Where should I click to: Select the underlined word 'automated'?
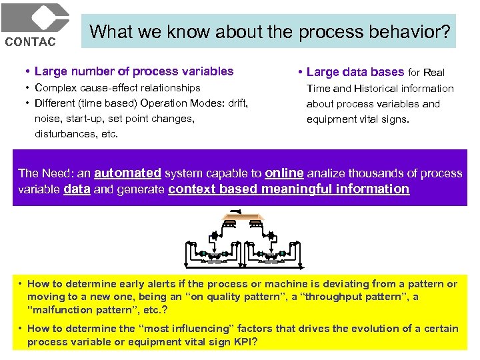pos(127,173)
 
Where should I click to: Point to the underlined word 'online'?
pos(284,173)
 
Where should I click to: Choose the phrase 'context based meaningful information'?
pos(289,189)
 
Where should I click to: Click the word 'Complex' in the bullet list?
pos(54,87)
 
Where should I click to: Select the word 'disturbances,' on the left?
pos(64,133)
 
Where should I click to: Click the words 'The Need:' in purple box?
pos(41,173)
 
